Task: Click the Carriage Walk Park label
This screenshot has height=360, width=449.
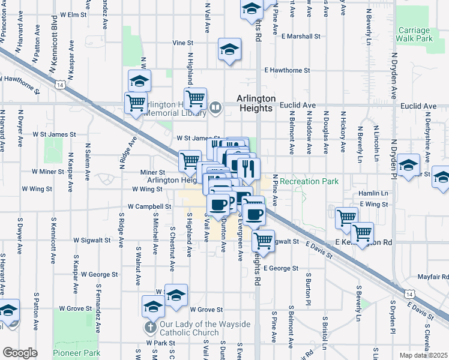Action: pyautogui.click(x=414, y=34)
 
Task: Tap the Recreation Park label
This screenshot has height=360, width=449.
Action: pyautogui.click(x=309, y=181)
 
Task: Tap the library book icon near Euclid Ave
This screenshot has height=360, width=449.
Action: pyautogui.click(x=216, y=109)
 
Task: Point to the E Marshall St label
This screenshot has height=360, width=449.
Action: pyautogui.click(x=301, y=37)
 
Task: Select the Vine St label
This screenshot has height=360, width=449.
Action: pyautogui.click(x=184, y=43)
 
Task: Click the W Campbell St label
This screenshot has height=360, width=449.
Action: pyautogui.click(x=149, y=206)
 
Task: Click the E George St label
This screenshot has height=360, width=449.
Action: pyautogui.click(x=280, y=268)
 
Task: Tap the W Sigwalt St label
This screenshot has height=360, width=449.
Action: pyautogui.click(x=92, y=240)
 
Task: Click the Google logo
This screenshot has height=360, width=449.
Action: pyautogui.click(x=20, y=353)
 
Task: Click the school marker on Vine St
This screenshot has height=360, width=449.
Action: pyautogui.click(x=229, y=50)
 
